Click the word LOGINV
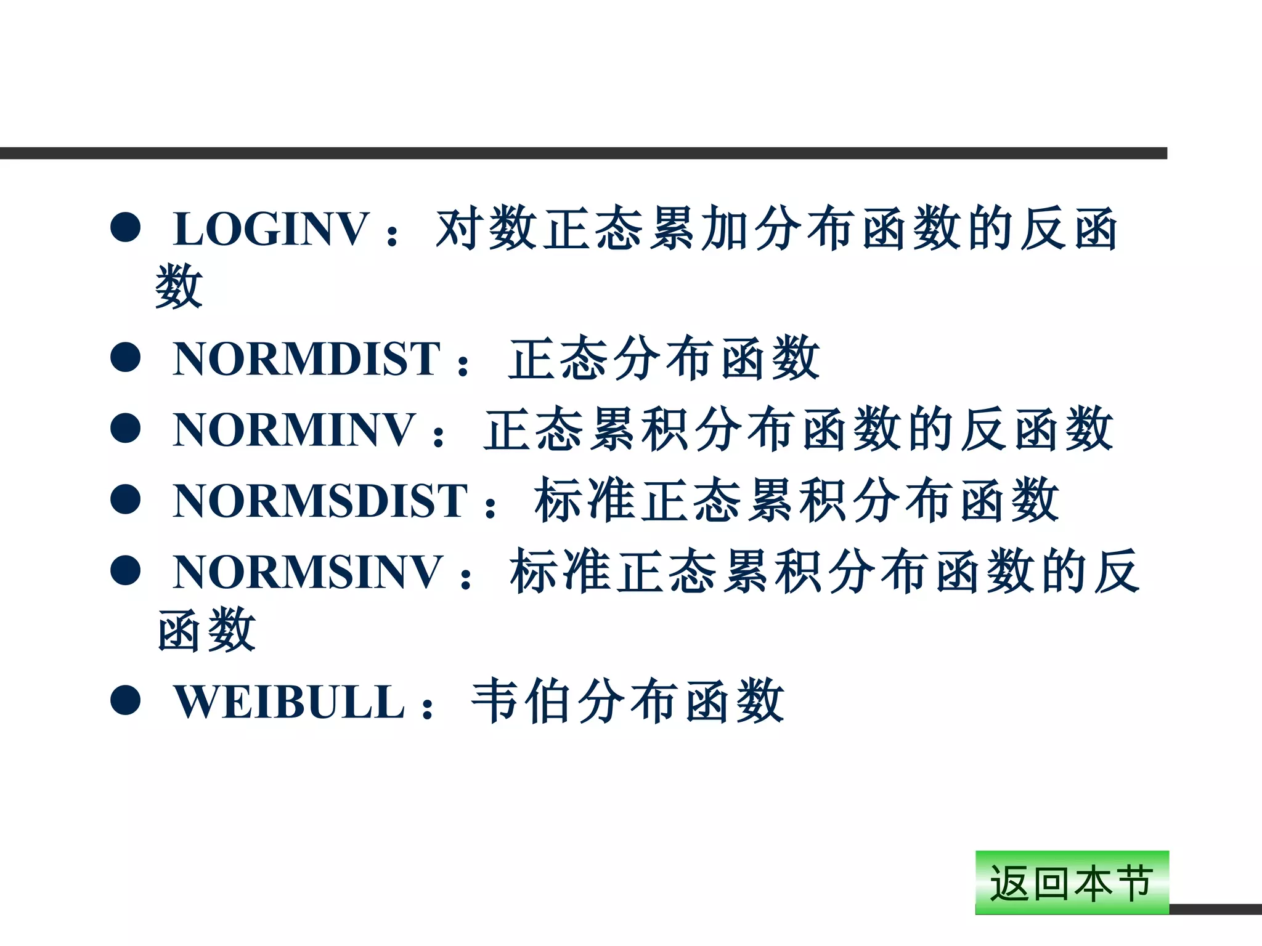(x=271, y=229)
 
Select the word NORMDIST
(x=306, y=359)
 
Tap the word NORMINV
(x=294, y=430)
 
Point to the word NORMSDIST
(x=320, y=501)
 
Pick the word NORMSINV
(x=307, y=572)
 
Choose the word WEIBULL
(x=289, y=702)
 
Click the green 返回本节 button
(x=1072, y=883)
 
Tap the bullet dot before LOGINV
(x=126, y=227)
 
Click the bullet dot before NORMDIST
(x=126, y=357)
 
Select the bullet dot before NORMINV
(x=126, y=428)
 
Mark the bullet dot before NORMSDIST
(x=126, y=499)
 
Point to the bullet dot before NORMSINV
(x=126, y=570)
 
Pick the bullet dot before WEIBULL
(x=126, y=700)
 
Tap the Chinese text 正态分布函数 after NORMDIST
(x=664, y=358)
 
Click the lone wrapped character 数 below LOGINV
(x=179, y=286)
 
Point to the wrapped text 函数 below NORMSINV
(x=206, y=629)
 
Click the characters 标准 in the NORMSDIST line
(x=585, y=500)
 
